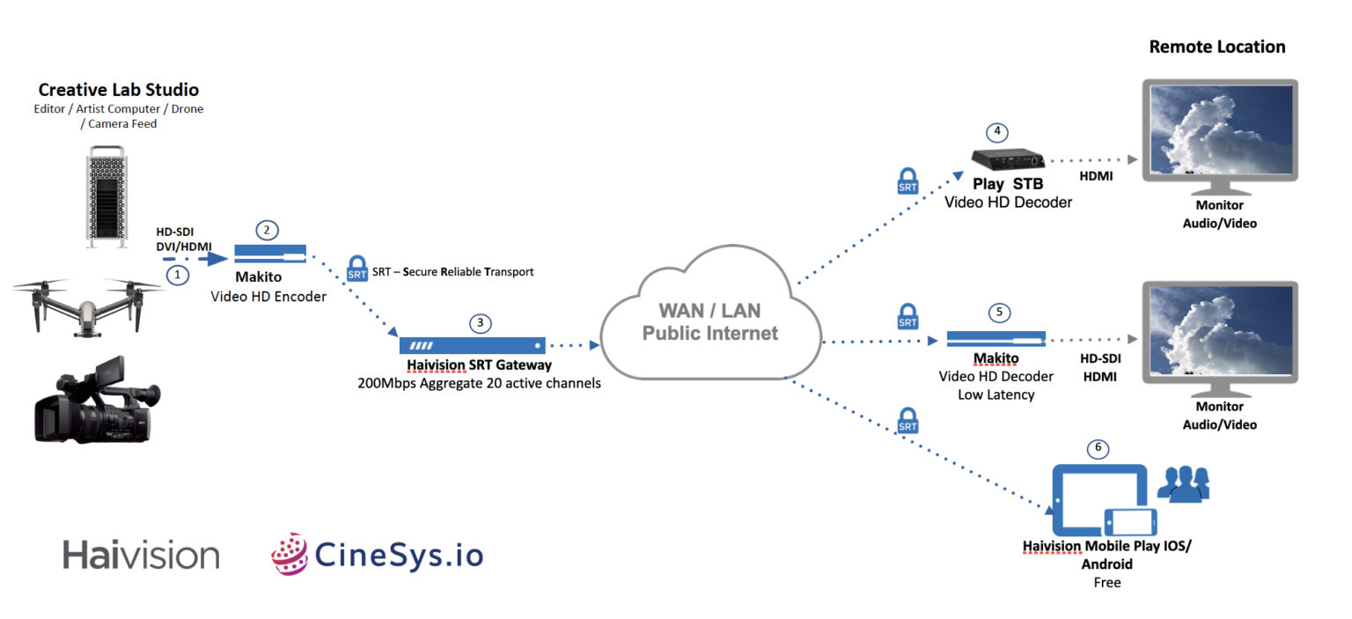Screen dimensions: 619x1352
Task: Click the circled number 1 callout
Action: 179,275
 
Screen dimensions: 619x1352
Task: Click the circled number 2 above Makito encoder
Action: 268,230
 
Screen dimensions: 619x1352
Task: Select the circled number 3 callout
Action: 480,322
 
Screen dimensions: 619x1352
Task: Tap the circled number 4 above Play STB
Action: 997,132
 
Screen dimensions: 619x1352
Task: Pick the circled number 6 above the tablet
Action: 1097,448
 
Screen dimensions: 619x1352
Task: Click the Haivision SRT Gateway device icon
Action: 472,345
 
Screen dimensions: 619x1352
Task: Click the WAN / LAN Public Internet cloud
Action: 709,322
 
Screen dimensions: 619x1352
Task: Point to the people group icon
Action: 1183,484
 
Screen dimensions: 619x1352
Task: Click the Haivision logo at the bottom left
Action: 141,555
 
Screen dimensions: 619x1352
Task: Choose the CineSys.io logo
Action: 378,555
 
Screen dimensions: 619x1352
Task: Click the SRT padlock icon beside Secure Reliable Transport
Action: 357,268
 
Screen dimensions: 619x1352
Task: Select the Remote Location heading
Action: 1216,47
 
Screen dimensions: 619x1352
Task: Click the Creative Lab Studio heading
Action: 118,90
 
